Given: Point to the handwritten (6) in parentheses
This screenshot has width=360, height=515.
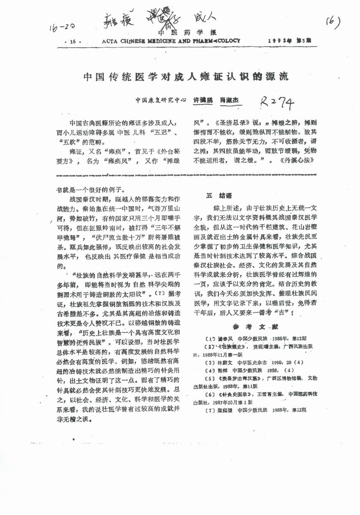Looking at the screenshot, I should click(333, 21).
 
